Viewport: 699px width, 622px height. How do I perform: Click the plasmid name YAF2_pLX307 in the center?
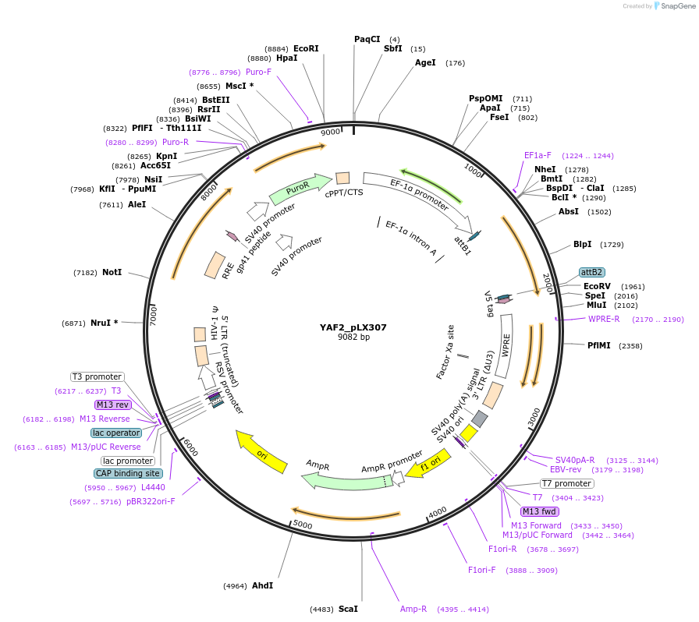(x=353, y=327)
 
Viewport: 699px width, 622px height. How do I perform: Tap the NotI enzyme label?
(x=112, y=273)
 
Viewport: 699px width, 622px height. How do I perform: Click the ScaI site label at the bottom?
(x=349, y=609)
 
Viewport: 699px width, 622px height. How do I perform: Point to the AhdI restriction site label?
(x=262, y=585)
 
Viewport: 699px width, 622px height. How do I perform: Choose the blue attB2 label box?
(x=591, y=272)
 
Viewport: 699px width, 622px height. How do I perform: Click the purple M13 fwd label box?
(x=540, y=511)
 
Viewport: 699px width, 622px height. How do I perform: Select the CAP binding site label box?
(x=129, y=473)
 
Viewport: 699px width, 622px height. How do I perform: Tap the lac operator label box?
(x=116, y=433)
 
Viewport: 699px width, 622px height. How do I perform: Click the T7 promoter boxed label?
(x=566, y=483)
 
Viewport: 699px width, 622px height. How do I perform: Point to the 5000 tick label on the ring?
(x=303, y=525)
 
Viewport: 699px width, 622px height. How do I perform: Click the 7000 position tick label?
(x=154, y=315)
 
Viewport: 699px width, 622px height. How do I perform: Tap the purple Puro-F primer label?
(x=258, y=72)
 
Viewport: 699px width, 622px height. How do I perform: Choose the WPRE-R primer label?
(x=604, y=319)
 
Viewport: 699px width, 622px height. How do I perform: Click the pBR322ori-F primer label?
(x=151, y=501)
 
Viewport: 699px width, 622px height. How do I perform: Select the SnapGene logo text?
(x=676, y=6)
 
